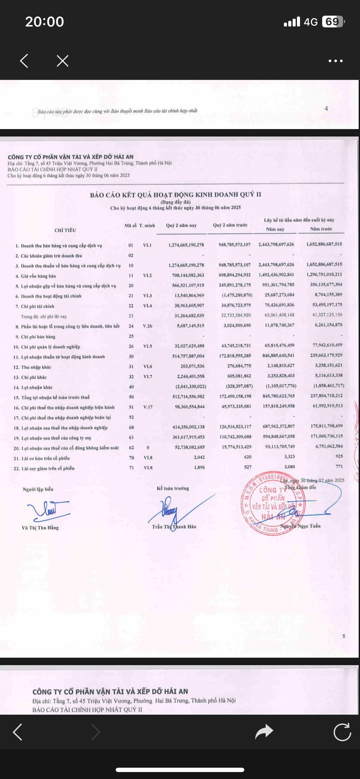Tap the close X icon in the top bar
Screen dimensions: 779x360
coord(63,61)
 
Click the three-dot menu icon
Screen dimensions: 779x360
coord(335,61)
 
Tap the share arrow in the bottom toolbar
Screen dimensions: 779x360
coord(263,732)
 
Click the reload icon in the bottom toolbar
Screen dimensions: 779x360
coord(342,732)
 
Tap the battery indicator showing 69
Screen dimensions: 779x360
coord(333,22)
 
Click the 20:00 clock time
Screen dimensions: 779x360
coord(44,22)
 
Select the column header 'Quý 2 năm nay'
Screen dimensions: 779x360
coord(181,225)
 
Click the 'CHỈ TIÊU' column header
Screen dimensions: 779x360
coord(65,230)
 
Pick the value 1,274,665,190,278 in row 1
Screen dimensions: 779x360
coord(186,245)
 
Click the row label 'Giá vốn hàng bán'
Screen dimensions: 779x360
coord(38,276)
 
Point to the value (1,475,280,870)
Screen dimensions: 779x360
coord(235,295)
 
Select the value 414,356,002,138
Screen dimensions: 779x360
coord(188,427)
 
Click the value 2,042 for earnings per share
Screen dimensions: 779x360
coord(199,457)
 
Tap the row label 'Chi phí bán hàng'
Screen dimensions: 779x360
coord(38,336)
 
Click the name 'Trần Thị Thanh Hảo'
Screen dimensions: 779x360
coord(174,526)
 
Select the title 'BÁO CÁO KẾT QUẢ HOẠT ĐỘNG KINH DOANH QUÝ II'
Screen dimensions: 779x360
coord(176,195)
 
